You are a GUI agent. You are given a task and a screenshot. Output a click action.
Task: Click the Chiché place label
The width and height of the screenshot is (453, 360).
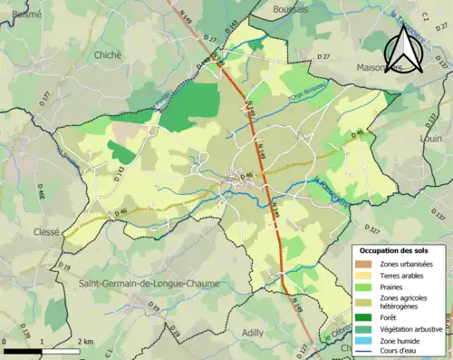107,54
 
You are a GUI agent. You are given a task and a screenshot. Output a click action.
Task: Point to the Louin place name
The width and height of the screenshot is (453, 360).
431,139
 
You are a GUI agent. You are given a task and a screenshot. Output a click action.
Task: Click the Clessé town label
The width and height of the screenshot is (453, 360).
20,231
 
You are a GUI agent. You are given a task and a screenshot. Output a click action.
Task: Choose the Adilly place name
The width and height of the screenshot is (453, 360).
253,333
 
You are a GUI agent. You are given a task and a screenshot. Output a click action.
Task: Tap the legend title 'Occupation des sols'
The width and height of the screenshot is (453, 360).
398,250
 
